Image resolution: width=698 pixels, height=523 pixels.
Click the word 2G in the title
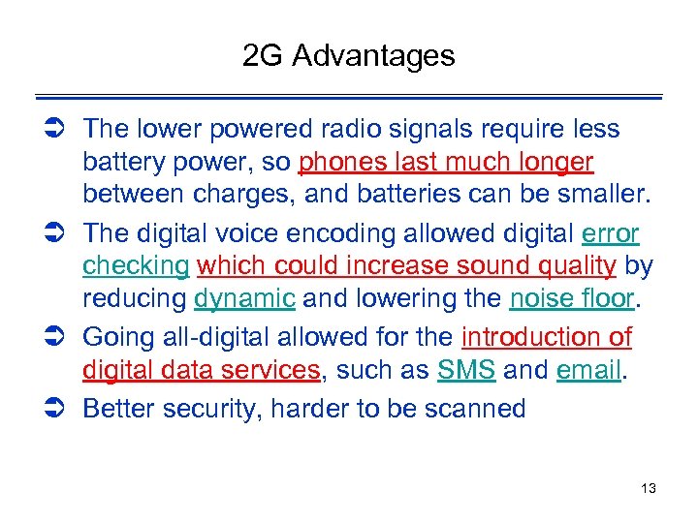(263, 56)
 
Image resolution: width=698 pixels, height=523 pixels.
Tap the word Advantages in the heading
(372, 56)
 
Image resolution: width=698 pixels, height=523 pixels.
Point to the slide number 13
(648, 488)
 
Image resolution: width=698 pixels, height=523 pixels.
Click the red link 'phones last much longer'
(447, 161)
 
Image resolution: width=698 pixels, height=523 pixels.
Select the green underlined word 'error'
(611, 234)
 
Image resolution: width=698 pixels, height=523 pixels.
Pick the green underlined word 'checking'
(136, 265)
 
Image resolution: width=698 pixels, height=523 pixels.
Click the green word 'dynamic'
(244, 298)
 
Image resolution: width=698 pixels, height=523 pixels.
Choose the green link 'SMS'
(465, 370)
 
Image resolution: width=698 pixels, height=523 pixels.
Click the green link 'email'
(588, 370)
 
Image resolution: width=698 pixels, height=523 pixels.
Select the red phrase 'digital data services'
(202, 370)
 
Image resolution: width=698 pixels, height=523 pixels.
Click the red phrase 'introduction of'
(547, 337)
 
